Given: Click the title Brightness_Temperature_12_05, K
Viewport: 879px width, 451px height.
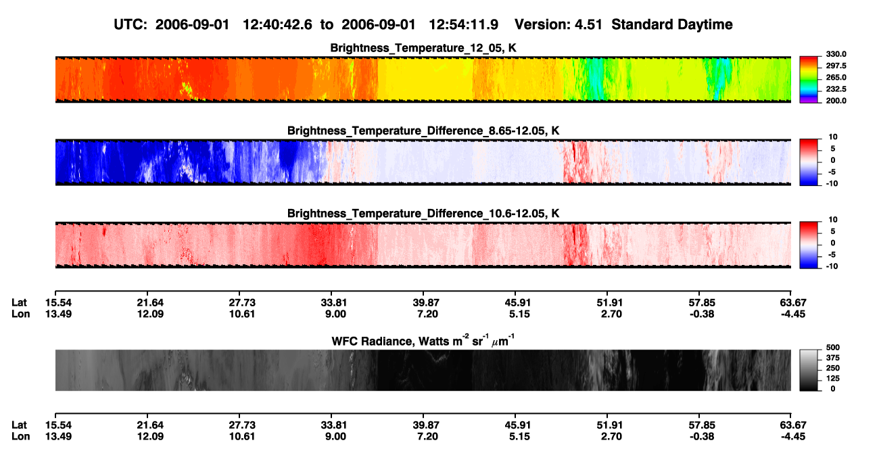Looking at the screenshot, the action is coord(423,48).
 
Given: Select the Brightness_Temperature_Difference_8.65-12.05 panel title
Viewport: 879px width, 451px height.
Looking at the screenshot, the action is coord(423,130).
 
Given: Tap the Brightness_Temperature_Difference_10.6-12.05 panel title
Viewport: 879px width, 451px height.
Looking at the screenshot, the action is coord(423,214).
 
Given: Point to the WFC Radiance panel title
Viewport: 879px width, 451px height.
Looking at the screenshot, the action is coord(423,341).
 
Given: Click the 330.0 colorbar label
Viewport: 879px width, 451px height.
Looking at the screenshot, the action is coord(836,54).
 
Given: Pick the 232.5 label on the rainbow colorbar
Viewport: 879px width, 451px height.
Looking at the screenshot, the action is coord(836,89).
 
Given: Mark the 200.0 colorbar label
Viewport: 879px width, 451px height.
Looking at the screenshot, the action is coord(836,101).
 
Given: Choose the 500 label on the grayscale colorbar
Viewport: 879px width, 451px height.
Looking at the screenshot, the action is coord(833,348).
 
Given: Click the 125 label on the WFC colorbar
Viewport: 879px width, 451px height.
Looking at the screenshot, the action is coord(833,379).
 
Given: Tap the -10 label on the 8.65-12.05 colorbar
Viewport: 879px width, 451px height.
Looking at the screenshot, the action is coord(832,184).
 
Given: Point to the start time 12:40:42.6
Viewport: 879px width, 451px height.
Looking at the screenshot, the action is coord(277,25).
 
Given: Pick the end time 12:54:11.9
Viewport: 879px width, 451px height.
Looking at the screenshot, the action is coord(463,25).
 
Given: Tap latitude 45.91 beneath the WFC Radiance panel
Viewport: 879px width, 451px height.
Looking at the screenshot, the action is coord(518,425).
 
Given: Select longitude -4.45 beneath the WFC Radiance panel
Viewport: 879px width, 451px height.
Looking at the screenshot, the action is coord(793,437).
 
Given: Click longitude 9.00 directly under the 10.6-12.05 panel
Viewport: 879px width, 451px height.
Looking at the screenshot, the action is coord(335,314).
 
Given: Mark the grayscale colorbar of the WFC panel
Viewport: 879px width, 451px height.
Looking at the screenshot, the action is coord(809,370).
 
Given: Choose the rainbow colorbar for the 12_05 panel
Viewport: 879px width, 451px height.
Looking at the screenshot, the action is coord(809,80).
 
